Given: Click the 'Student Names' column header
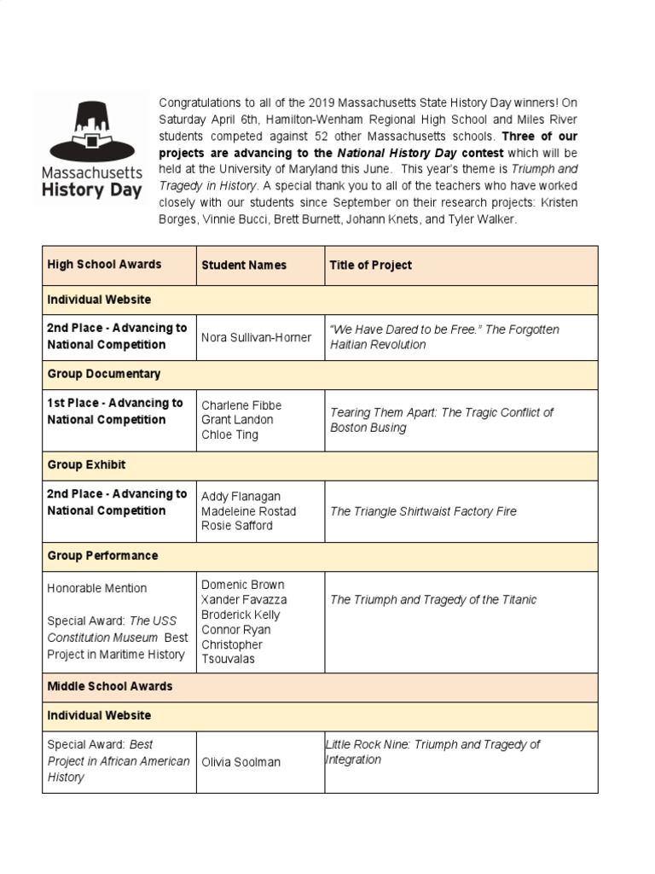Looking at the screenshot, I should pos(244,265).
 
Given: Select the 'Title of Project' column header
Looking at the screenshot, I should pos(370,265).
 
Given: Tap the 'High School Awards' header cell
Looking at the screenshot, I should pos(104,265).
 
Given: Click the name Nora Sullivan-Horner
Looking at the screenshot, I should pos(256,337).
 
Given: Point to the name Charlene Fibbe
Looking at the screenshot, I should pos(241,405).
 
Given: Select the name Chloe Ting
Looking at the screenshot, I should pos(229,434).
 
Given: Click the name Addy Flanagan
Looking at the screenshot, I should pos(241,497).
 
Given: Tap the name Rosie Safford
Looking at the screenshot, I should pos(237,526).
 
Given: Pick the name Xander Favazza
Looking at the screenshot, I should pos(244,600).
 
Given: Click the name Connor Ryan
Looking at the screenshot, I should pos(235,630).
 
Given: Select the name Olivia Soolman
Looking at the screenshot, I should pos(241,761).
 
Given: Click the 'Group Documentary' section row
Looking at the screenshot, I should pos(104,374).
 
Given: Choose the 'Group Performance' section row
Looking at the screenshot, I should pos(102,556).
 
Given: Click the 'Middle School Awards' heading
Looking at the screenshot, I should pos(109,686).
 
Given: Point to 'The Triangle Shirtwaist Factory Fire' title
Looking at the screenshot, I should pos(423,511).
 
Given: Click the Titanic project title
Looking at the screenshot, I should pos(433,600).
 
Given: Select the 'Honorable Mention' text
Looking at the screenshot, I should pos(96,588).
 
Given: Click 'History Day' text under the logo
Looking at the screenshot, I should pos(91,190).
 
